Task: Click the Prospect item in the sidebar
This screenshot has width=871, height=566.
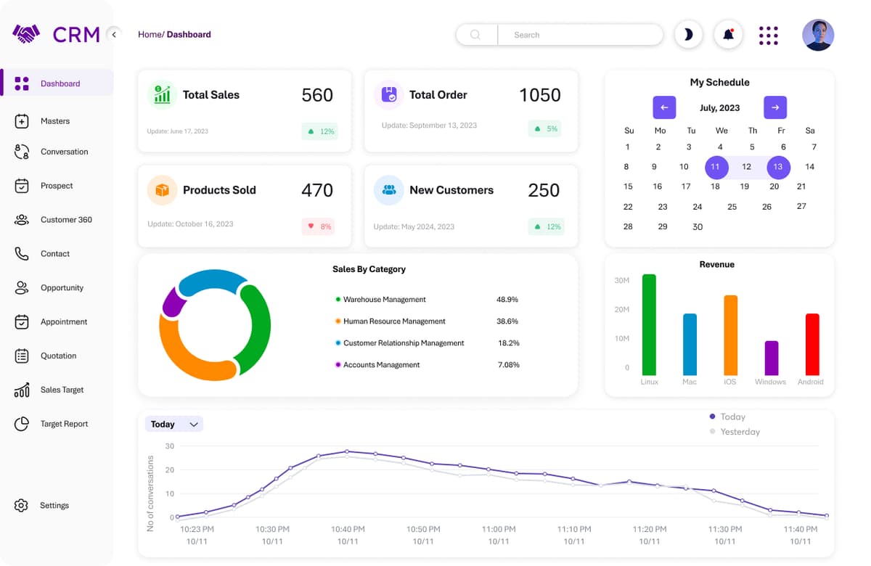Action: pos(57,186)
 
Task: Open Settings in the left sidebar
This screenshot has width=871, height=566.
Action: pos(54,505)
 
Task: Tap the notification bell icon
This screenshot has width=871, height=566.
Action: pos(728,34)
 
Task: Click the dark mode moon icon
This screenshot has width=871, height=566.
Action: pos(688,34)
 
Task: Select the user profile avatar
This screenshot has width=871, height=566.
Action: pos(817,35)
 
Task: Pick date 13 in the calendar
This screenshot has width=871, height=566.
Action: pos(777,167)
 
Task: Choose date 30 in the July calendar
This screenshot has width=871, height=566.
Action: pos(697,226)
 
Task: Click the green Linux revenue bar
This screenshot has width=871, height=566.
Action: pos(649,324)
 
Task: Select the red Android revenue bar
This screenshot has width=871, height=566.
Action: pos(811,344)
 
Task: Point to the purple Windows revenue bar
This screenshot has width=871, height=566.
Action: pos(771,358)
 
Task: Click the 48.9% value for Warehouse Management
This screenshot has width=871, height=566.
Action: pos(507,300)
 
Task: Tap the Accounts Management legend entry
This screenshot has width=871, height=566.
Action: pos(381,365)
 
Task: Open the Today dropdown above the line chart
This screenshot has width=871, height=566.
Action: pos(174,424)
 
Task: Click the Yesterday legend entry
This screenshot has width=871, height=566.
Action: pos(740,432)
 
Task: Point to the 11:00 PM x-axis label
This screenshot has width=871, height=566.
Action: pos(498,530)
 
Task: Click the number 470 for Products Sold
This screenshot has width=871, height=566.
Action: pos(317,190)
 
